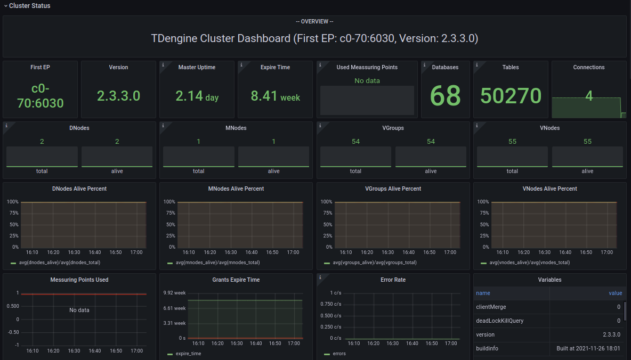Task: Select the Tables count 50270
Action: (x=511, y=96)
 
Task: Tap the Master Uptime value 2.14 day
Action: (x=197, y=96)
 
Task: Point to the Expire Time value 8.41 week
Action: (x=275, y=96)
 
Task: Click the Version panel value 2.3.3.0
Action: (x=118, y=96)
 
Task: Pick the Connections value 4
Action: (x=589, y=96)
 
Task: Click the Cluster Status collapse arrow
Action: (x=5, y=6)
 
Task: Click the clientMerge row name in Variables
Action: (x=491, y=307)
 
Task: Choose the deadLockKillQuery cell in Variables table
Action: (x=499, y=321)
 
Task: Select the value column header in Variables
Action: (x=615, y=293)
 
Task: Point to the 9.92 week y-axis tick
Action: (x=174, y=293)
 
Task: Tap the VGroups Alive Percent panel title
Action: (x=393, y=189)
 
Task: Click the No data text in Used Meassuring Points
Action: (x=367, y=80)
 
